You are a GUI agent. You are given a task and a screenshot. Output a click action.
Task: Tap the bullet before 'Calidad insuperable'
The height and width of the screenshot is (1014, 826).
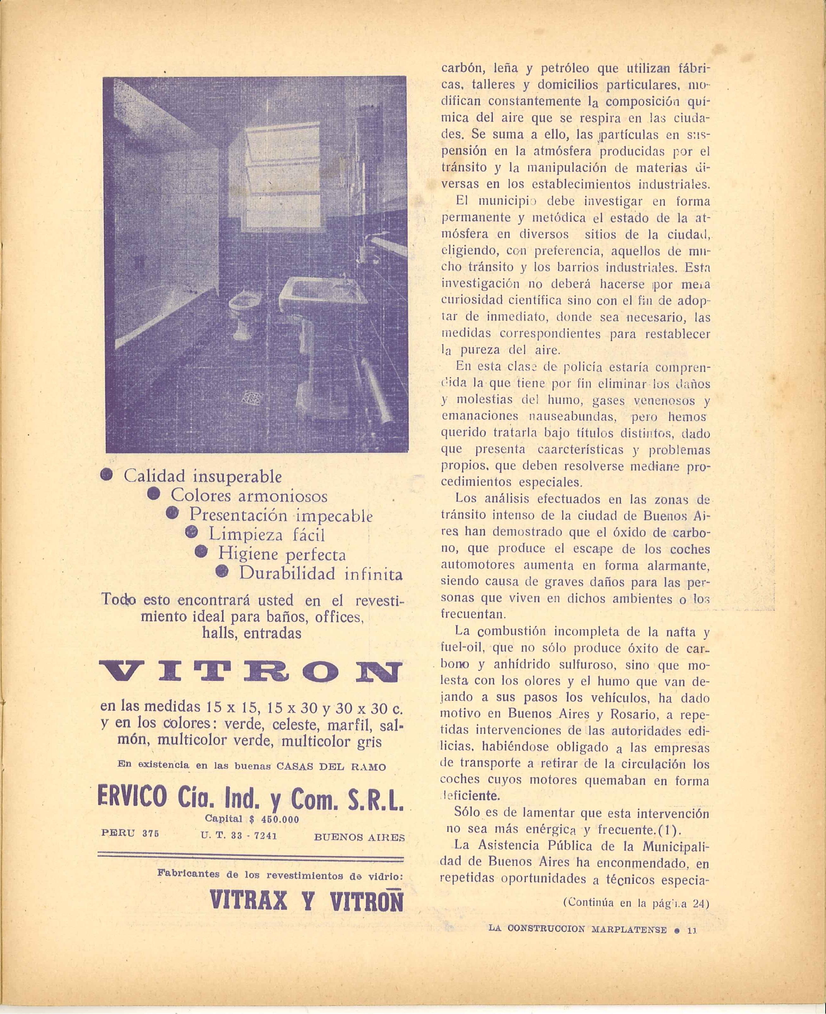tap(107, 475)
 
